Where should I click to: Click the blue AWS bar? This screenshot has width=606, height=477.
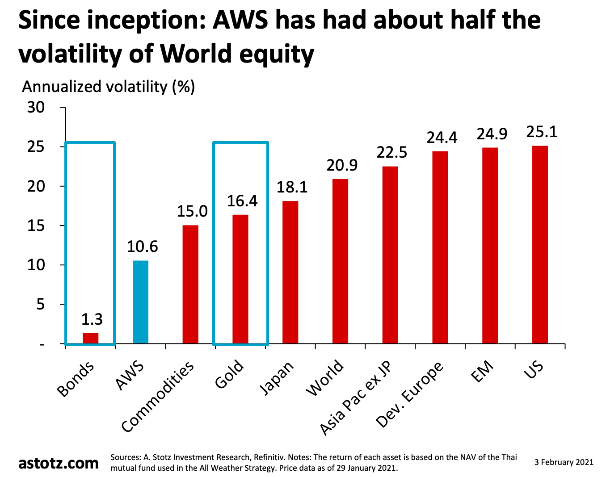point(141,302)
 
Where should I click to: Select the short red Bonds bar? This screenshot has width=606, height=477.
point(91,338)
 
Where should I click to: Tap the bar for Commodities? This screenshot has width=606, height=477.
point(191,285)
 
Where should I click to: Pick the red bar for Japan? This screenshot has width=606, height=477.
point(290,272)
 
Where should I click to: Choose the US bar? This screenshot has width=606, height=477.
point(540,245)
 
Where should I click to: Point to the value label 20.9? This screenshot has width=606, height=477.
point(342,166)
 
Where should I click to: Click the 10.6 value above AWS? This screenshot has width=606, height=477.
point(142,247)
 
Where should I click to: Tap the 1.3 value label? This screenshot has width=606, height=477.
point(92,319)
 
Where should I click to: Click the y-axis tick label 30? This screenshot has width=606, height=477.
point(36,108)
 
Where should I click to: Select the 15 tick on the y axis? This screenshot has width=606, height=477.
point(36,226)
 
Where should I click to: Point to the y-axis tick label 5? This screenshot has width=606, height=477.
point(40,305)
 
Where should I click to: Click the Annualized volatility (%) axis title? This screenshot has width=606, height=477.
point(109,86)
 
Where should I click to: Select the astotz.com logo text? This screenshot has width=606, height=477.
point(59,463)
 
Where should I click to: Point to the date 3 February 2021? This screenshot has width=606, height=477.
point(564,462)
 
